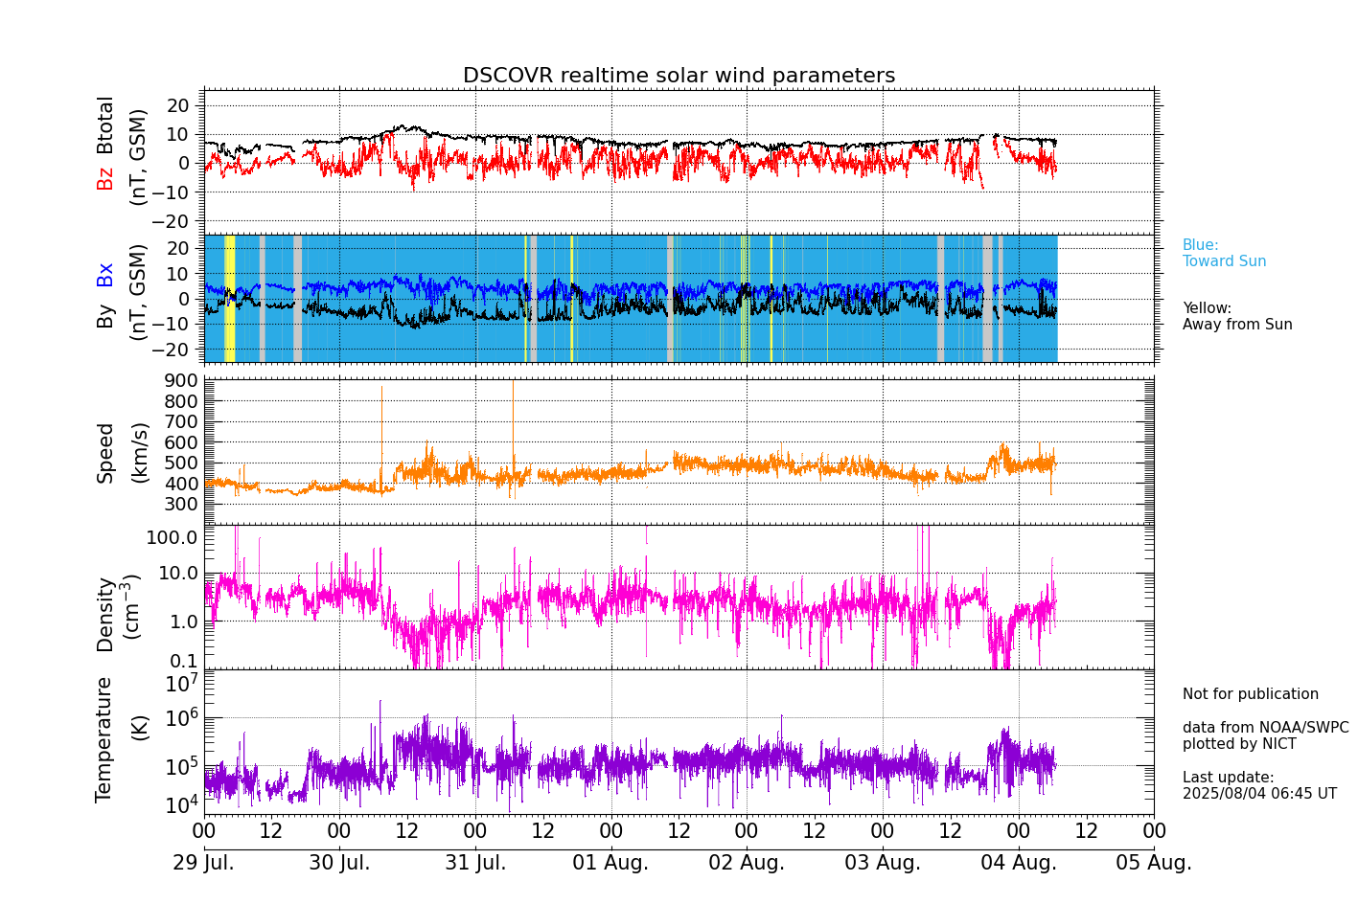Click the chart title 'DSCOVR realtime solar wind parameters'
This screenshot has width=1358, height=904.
tap(679, 76)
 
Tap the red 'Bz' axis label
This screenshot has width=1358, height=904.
tap(104, 178)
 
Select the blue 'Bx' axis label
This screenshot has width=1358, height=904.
tap(104, 274)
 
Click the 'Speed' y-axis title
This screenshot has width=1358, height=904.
tap(104, 452)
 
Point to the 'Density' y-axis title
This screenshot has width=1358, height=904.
tap(104, 614)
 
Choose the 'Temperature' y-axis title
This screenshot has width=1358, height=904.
tap(104, 738)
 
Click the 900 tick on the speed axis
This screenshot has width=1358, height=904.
tap(184, 380)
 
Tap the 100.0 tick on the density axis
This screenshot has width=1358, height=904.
tap(173, 537)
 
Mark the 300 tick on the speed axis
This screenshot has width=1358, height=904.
tap(184, 504)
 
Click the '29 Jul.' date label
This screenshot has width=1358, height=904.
tap(203, 863)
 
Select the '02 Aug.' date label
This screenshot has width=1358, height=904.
tap(747, 863)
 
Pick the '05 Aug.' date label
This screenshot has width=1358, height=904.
tap(1154, 863)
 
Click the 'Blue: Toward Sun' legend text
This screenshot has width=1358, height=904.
tap(1224, 253)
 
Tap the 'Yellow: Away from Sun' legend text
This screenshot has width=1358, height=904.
tap(1236, 316)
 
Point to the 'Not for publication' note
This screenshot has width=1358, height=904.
tap(1250, 694)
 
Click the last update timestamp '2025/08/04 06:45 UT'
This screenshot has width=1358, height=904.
tap(1258, 794)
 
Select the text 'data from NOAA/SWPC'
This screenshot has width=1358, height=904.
tap(1265, 728)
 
